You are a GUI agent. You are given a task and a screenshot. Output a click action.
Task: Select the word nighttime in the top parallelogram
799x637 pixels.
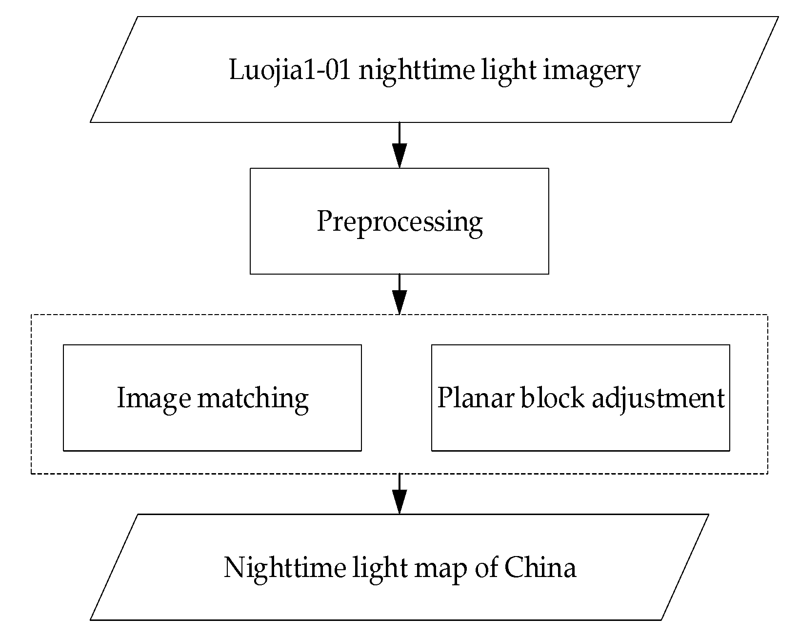pyautogui.click(x=416, y=71)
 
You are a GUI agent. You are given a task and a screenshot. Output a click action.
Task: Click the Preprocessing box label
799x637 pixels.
pyautogui.click(x=399, y=221)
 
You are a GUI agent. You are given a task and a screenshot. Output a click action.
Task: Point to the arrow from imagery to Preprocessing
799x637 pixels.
pyautogui.click(x=399, y=145)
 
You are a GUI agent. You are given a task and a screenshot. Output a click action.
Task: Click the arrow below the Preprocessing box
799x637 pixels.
pyautogui.click(x=399, y=294)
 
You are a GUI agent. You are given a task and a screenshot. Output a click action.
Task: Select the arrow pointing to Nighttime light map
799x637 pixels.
pyautogui.click(x=399, y=494)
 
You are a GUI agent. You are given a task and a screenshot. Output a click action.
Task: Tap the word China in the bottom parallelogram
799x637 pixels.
pyautogui.click(x=540, y=568)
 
